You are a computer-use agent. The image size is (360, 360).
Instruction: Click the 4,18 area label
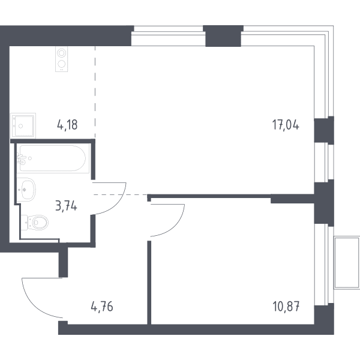point(67,125)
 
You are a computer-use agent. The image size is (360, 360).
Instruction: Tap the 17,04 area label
point(286,125)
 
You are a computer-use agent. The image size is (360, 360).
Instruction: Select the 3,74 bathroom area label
point(66,205)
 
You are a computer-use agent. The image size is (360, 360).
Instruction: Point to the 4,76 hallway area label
point(102,307)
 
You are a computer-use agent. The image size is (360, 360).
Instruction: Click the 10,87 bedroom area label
point(286,307)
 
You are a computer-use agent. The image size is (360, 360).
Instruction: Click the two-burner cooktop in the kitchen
point(62,59)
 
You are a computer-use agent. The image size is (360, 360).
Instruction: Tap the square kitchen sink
point(23,125)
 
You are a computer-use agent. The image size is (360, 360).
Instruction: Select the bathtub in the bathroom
point(53,158)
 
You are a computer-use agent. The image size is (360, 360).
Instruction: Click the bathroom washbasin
point(26,190)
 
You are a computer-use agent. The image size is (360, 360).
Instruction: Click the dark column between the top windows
point(223,36)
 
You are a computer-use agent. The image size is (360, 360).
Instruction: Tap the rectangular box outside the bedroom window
point(347,263)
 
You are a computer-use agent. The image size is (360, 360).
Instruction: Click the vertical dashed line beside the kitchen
point(95,92)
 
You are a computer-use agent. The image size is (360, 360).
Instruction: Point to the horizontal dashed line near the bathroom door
point(121,194)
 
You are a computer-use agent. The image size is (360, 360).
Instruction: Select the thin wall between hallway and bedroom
point(149,283)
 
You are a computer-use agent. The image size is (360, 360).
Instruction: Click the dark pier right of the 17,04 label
point(324,130)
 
